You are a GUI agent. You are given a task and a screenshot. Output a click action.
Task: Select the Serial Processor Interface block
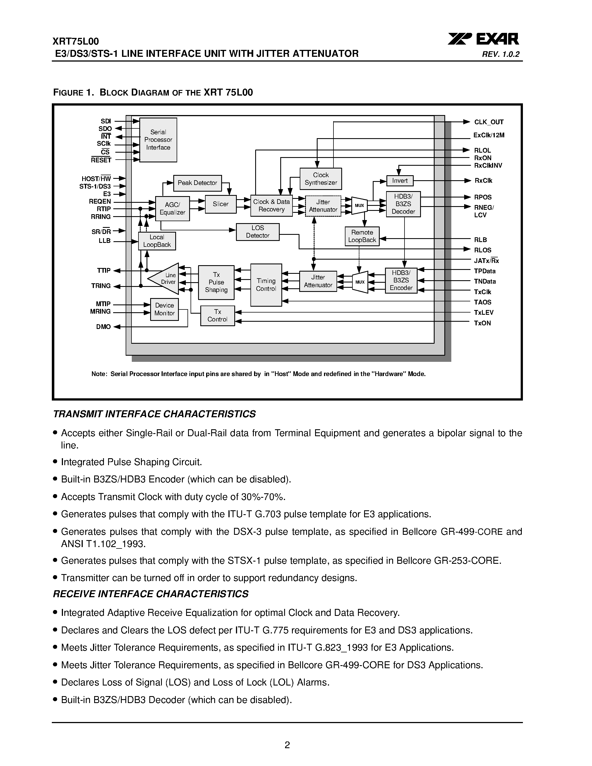pos(158,140)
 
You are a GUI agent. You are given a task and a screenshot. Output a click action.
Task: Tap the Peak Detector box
pos(198,183)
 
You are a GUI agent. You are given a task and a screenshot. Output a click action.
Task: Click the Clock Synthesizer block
pos(321,179)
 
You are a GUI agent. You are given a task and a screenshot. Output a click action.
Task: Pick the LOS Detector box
pos(257,232)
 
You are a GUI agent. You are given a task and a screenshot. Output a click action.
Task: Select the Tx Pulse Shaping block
pos(216,282)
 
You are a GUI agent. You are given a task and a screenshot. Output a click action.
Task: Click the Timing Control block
pos(266,285)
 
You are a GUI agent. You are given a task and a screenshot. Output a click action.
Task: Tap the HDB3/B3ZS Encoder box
pos(401,280)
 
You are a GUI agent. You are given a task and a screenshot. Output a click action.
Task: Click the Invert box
pos(400,180)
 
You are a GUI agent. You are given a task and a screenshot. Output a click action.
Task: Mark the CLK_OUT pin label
pos(489,122)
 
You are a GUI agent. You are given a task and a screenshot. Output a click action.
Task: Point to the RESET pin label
pos(101,160)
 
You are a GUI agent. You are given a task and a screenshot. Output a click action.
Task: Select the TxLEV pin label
pos(484,313)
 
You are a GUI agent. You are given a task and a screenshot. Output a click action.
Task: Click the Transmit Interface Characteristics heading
pos(154,414)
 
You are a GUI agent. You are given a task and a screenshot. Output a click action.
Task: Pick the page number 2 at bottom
pos(287,745)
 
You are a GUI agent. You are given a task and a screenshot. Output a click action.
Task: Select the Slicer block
pos(221,204)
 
